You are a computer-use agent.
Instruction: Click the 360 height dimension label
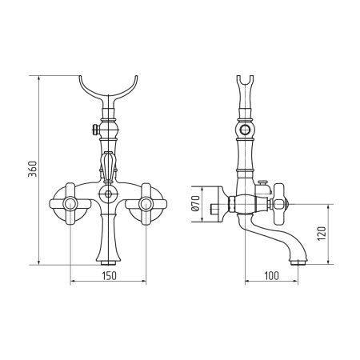[33, 169]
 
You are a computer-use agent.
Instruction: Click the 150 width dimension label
[110, 276]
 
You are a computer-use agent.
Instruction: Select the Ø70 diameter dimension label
[195, 203]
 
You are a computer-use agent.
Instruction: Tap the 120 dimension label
[322, 234]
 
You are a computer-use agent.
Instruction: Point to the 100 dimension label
[271, 276]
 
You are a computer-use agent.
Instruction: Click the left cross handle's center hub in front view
[70, 204]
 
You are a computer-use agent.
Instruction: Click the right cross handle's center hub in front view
[146, 204]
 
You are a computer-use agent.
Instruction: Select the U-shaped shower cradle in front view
[108, 90]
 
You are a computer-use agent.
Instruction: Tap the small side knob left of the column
[96, 130]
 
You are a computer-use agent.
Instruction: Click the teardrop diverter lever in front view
[108, 166]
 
